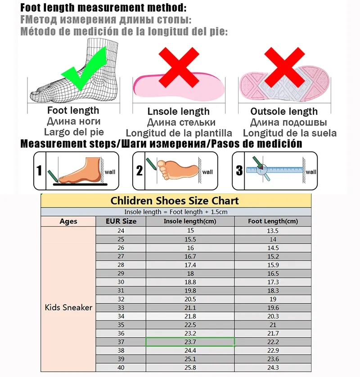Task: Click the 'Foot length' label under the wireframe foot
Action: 73,110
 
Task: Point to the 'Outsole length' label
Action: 284,112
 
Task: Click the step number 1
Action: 40,171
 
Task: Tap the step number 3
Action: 239,171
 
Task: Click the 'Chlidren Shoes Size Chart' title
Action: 175,201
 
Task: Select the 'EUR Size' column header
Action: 121,221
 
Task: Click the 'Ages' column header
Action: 68,221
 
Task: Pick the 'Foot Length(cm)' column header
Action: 273,221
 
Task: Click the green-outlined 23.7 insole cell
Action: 190,342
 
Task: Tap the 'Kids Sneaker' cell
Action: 68,308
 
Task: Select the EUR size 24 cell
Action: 121,231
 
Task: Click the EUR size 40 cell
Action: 121,368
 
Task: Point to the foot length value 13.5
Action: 273,231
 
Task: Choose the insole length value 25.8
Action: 190,368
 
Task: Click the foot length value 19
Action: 273,299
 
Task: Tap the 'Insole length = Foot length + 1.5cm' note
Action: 175,212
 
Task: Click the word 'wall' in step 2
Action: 207,172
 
